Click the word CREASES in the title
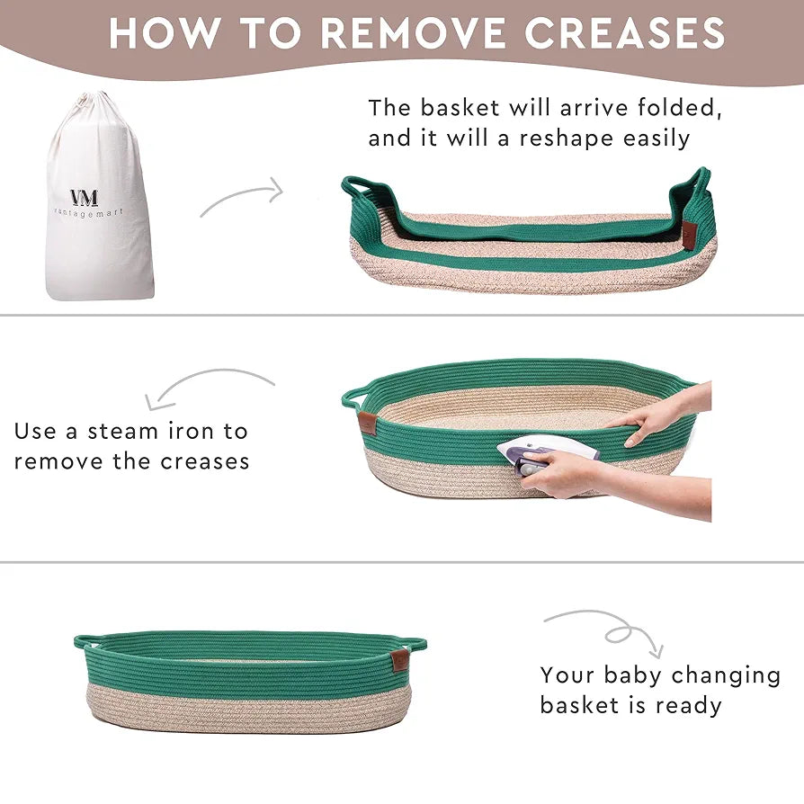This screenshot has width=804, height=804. tap(624, 33)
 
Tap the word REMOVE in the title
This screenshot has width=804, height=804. tap(414, 33)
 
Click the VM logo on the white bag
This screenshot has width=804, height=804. tap(85, 198)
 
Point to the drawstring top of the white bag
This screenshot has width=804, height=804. tap(97, 103)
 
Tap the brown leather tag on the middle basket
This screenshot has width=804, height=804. tap(367, 421)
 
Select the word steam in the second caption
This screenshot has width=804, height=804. tap(122, 432)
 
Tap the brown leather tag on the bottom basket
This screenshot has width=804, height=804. tap(399, 660)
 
